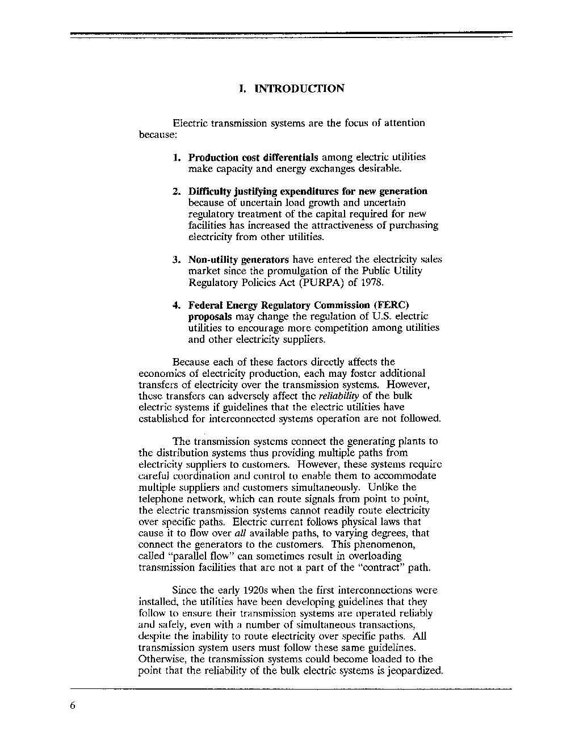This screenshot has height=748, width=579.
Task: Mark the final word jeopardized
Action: click(416, 671)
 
